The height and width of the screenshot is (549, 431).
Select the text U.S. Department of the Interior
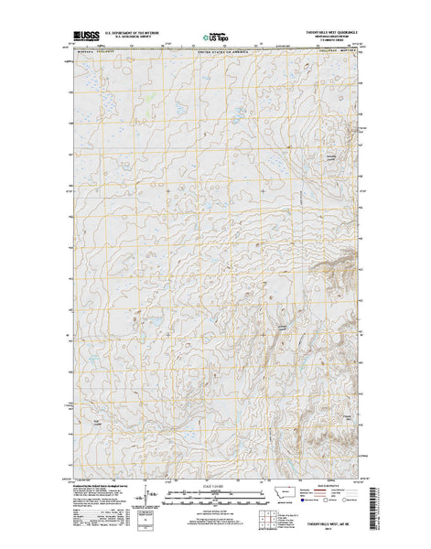tap(138, 38)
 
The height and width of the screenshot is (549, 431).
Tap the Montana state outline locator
tap(292, 502)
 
